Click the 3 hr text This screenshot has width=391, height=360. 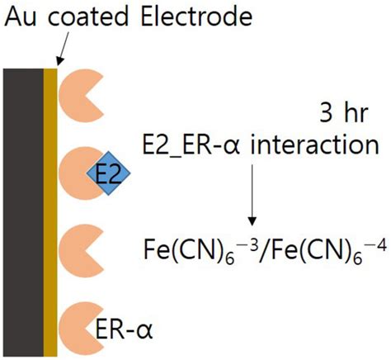pyautogui.click(x=342, y=112)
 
